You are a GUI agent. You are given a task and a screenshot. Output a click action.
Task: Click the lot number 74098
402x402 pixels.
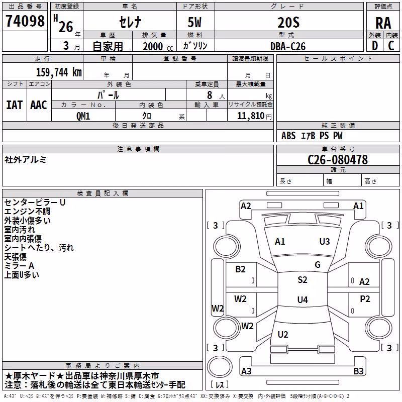point(25,21)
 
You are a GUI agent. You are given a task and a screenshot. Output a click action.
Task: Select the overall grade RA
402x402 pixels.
point(383,23)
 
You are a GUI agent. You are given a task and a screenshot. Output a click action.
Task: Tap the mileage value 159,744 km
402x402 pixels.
point(59,72)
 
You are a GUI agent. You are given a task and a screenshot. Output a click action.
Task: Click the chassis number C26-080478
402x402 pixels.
point(338,160)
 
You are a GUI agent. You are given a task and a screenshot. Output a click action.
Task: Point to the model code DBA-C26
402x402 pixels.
point(288,46)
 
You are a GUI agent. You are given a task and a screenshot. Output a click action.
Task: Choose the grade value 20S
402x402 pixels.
point(288,23)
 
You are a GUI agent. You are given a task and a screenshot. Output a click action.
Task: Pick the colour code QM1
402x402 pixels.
point(83,116)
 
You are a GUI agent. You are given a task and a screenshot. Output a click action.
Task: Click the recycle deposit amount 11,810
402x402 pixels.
point(250,116)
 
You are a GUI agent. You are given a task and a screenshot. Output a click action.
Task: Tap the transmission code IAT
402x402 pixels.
point(15,105)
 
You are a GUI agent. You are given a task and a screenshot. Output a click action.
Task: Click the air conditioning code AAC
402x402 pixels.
point(39,105)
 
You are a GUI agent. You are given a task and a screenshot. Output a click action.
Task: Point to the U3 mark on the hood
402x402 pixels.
point(324,242)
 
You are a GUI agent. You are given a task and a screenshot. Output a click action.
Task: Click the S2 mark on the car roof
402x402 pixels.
point(303,280)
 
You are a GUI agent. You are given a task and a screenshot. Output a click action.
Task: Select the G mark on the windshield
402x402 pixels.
point(318,265)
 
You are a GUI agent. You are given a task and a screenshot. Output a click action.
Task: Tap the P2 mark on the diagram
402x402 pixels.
point(365,299)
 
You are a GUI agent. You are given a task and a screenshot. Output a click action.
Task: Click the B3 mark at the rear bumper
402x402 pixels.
point(358,371)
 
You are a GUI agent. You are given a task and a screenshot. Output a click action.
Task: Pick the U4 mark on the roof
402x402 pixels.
point(303,299)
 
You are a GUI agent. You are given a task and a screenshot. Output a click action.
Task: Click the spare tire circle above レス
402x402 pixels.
point(220,366)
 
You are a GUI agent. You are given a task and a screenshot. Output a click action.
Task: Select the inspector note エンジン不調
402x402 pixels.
point(27,212)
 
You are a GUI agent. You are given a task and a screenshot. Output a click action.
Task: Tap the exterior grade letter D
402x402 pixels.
point(375,46)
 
